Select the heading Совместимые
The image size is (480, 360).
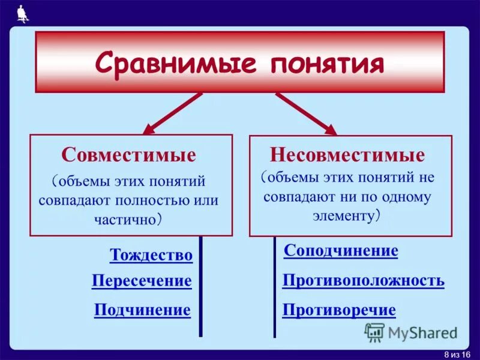click(128, 155)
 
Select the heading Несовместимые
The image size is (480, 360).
click(347, 155)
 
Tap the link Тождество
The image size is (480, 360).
click(151, 255)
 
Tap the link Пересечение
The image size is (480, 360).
click(142, 281)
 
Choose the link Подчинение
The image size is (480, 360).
click(142, 310)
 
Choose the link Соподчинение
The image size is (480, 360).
click(341, 251)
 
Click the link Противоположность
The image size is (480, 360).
click(363, 280)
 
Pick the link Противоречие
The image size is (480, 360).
click(339, 310)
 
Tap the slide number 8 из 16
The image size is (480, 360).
click(458, 353)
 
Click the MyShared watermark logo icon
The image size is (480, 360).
click(374, 332)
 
